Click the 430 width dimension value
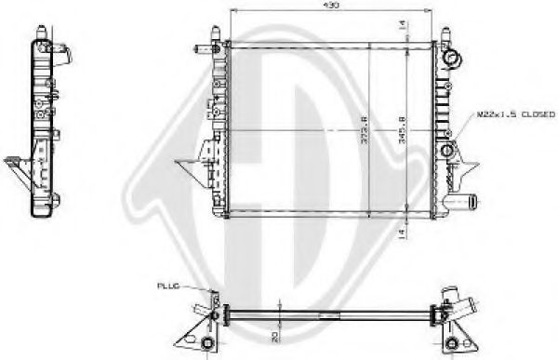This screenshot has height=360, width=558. (x=330, y=7)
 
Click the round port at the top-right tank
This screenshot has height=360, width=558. (x=454, y=60)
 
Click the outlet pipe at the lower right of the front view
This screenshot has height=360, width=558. (x=462, y=199)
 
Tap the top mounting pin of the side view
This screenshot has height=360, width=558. (x=43, y=31)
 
